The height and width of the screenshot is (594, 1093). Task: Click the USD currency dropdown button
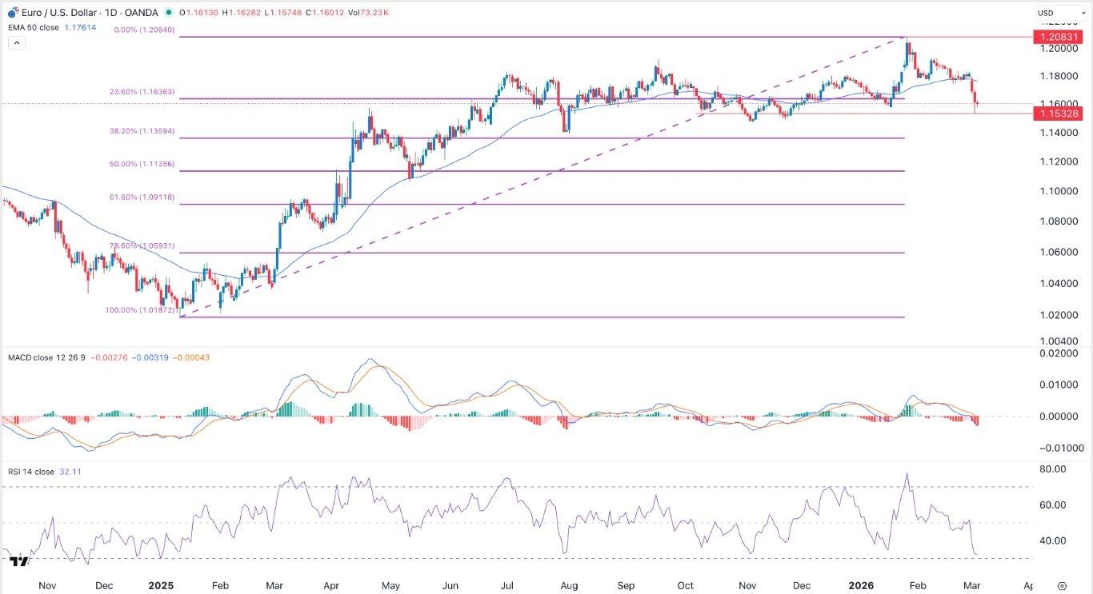pyautogui.click(x=1051, y=13)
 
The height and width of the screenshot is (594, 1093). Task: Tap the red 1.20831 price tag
pyautogui.click(x=1058, y=37)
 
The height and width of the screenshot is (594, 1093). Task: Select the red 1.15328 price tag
pyautogui.click(x=1058, y=114)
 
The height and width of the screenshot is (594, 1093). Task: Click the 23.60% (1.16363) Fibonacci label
pyautogui.click(x=142, y=92)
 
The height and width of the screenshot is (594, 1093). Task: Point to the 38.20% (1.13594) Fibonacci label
pyautogui.click(x=142, y=130)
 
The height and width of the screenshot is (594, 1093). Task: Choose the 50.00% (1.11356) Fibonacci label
pyautogui.click(x=142, y=164)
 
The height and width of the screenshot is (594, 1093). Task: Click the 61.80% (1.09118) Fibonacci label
pyautogui.click(x=142, y=197)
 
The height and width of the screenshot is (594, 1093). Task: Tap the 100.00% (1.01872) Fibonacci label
pyautogui.click(x=140, y=309)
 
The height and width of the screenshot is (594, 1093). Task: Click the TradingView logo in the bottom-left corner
pyautogui.click(x=19, y=563)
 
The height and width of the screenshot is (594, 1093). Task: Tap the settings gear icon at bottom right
pyautogui.click(x=1062, y=585)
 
